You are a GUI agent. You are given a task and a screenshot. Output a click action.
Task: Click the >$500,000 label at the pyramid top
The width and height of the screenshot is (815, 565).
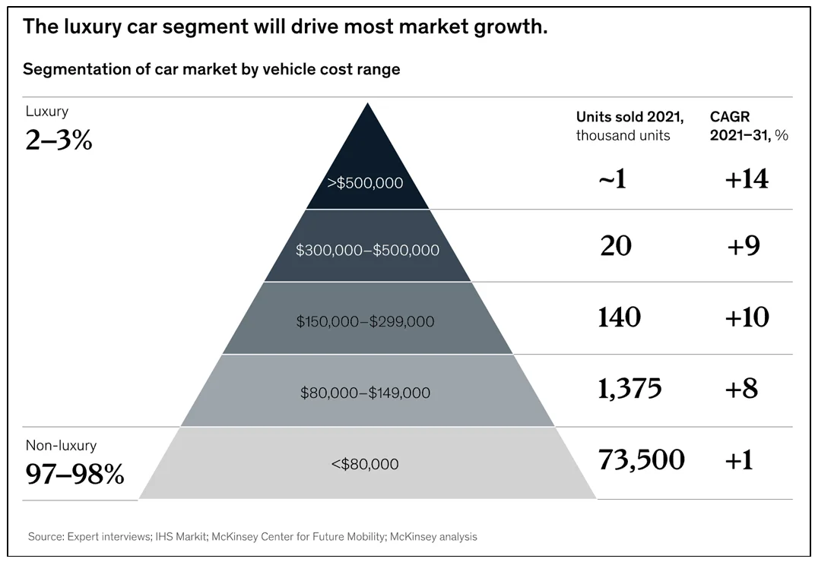coord(365,183)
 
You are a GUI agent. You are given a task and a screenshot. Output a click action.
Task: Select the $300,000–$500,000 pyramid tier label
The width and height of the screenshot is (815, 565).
coord(368,249)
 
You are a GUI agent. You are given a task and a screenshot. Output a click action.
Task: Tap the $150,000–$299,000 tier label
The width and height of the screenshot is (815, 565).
coord(365,321)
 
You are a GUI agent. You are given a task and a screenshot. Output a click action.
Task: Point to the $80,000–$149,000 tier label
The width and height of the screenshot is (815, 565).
coord(365,393)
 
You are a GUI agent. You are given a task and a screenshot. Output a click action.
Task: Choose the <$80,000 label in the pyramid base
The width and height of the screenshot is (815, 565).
coord(365,463)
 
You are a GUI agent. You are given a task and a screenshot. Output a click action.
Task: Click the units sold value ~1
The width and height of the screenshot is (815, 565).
coord(612,179)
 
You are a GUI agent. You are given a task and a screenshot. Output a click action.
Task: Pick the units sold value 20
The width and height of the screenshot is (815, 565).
coord(616,245)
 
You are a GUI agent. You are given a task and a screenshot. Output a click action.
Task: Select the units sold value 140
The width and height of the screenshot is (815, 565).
coord(620,317)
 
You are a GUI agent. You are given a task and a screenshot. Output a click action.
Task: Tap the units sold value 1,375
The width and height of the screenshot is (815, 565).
coord(629,389)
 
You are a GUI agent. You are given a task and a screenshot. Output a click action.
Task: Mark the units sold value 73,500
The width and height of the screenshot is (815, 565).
coord(641,460)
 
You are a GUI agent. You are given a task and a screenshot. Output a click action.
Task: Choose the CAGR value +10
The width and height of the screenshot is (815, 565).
coord(746,317)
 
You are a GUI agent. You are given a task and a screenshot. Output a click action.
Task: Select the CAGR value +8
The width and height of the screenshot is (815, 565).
coord(741,389)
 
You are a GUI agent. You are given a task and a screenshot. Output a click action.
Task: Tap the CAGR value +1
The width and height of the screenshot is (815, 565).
coord(738,460)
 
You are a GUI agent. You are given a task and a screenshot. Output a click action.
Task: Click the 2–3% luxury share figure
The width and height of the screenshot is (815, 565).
coord(59,140)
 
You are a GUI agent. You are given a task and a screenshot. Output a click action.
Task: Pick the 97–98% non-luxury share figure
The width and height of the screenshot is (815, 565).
coord(75,475)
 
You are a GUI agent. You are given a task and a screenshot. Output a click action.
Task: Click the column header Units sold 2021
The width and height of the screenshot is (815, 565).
coord(629,117)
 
